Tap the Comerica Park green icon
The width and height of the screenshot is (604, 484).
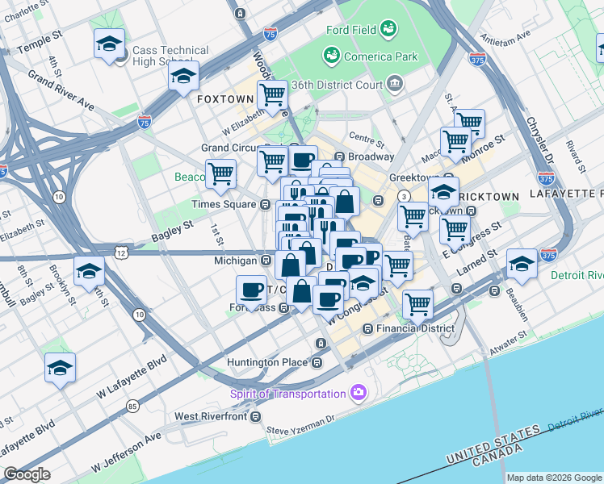click(330, 56)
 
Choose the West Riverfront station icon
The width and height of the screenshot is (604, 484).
click(256, 416)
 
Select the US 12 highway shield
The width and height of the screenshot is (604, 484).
click(121, 252)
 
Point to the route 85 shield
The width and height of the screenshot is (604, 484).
click(132, 406)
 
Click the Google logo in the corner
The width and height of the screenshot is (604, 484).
click(27, 474)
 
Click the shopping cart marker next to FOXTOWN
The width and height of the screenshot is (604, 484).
click(272, 95)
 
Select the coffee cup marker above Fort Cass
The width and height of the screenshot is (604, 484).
click(252, 290)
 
